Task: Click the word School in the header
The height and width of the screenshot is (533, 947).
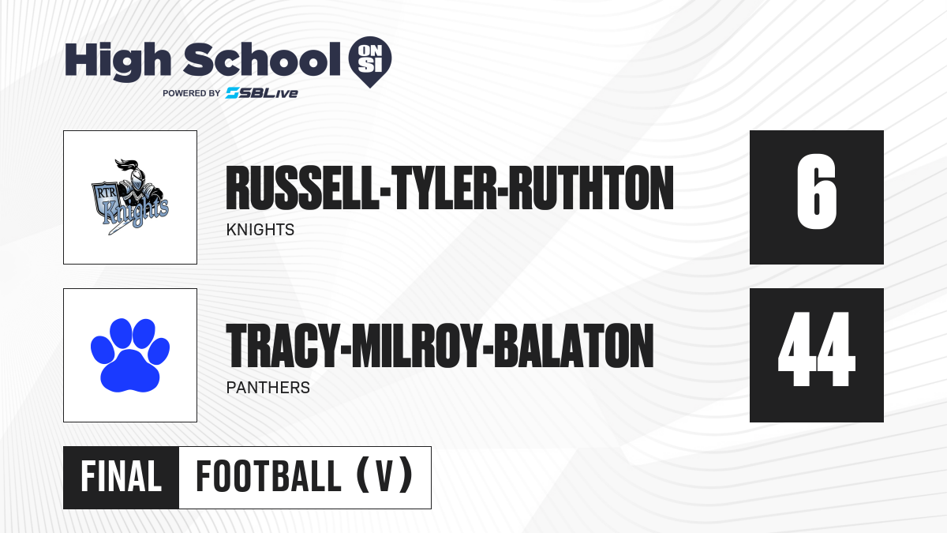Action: pos(262,59)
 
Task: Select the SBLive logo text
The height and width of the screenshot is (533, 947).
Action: pos(262,93)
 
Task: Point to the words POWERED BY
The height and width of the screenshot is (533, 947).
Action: pos(192,93)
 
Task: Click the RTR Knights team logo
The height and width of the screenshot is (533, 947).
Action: pos(129,197)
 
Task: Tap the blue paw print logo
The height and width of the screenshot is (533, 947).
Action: pos(130,355)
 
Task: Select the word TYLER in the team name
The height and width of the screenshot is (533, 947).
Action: pos(444,188)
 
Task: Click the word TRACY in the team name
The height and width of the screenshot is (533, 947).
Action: pos(283,346)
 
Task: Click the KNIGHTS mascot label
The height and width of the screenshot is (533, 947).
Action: pos(260,230)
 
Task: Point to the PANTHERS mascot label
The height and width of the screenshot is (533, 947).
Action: pos(268,388)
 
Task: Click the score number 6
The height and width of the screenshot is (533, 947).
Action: pos(816,192)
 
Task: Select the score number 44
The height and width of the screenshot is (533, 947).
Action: pos(816,349)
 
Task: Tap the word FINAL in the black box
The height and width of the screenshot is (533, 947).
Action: pos(122,477)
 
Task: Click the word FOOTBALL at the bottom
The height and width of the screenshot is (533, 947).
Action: pos(268,477)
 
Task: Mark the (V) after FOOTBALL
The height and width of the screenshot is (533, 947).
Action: pos(384,476)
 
